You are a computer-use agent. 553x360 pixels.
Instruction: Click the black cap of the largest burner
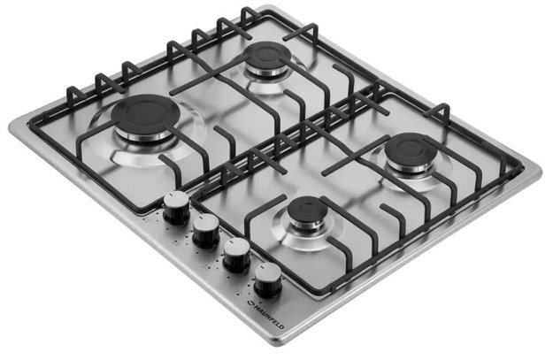point(145,113)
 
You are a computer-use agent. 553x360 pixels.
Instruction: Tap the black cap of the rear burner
point(268,54)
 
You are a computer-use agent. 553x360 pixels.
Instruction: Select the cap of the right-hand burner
point(411,149)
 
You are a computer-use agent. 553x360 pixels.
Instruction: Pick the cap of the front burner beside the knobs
point(308,210)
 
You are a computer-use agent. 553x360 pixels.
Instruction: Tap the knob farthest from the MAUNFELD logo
point(176,207)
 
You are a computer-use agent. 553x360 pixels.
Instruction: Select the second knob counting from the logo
point(236,255)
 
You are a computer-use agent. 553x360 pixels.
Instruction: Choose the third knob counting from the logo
point(205,230)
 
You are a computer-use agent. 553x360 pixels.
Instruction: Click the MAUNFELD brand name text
point(269,316)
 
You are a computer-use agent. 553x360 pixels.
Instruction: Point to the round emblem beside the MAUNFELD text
point(250,303)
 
